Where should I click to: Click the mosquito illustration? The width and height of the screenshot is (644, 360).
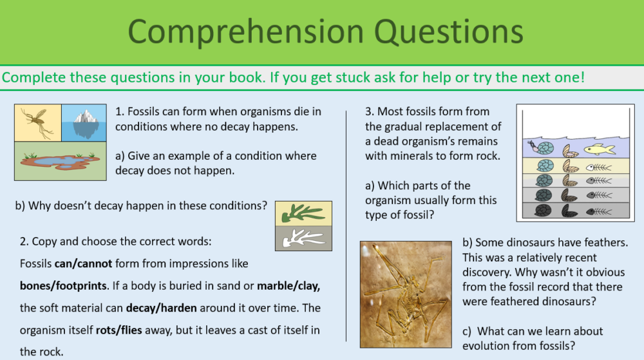coord(37,122)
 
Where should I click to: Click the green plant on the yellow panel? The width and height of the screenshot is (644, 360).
coord(303,213)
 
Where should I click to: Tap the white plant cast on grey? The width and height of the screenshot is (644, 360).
coord(303,238)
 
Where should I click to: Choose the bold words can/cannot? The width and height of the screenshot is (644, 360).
coord(82,263)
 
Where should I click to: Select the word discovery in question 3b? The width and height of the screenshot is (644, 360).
coord(488,271)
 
